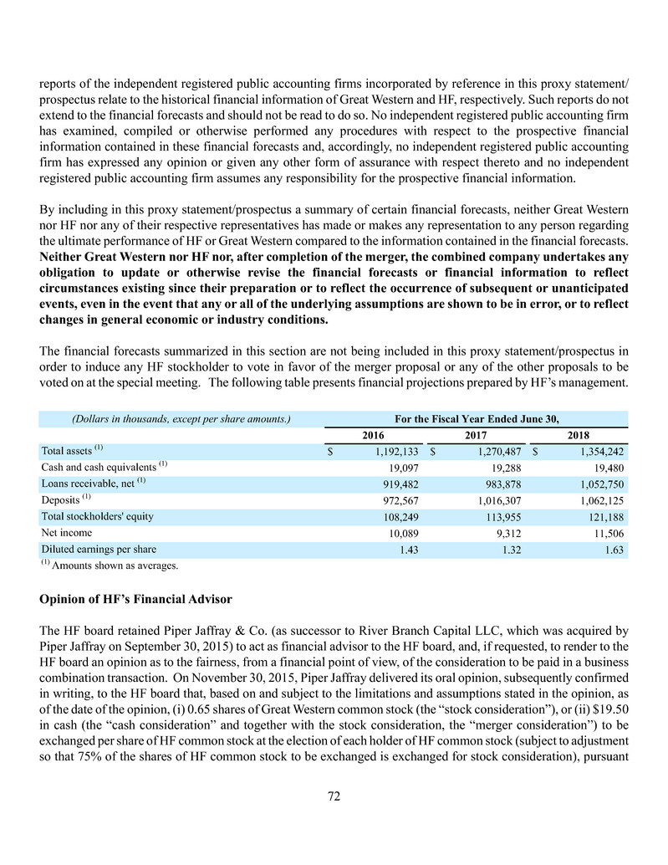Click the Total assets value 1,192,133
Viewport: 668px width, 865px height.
[393, 452]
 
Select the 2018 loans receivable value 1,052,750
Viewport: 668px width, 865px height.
[599, 484]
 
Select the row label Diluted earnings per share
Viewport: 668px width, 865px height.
[98, 549]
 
